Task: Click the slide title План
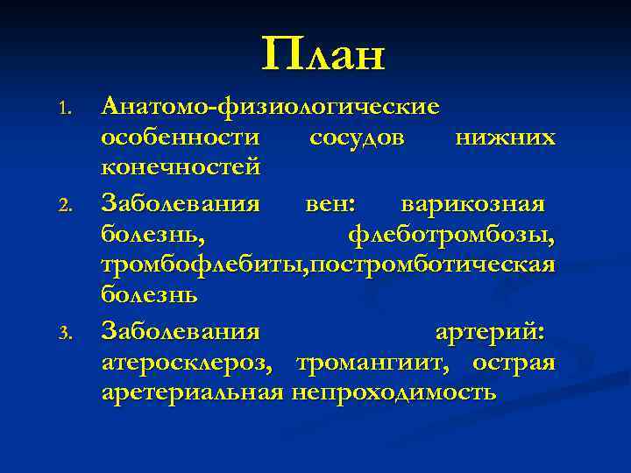pyautogui.click(x=323, y=55)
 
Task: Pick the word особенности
pyautogui.click(x=181, y=138)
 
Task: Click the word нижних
pyautogui.click(x=505, y=138)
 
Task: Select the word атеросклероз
pyautogui.click(x=192, y=363)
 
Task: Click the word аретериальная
pyautogui.click(x=192, y=392)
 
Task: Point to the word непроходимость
pyautogui.click(x=394, y=392)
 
